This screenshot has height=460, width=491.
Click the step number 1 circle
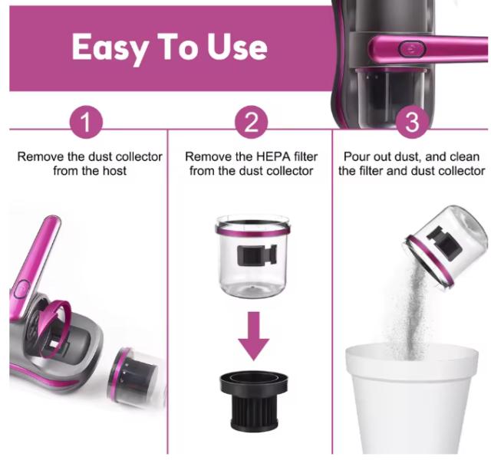click(x=86, y=123)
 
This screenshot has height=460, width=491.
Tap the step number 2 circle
click(x=252, y=123)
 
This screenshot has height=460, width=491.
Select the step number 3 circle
click(x=412, y=123)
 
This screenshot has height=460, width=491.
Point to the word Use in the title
click(x=237, y=47)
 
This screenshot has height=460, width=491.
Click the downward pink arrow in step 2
click(x=254, y=336)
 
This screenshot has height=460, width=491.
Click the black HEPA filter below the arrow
click(x=254, y=401)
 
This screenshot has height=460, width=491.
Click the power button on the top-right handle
click(x=412, y=49)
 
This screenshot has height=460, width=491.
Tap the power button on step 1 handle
click(x=21, y=288)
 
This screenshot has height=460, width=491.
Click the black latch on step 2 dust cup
click(x=257, y=255)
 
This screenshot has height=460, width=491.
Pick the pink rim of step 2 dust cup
click(x=252, y=230)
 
